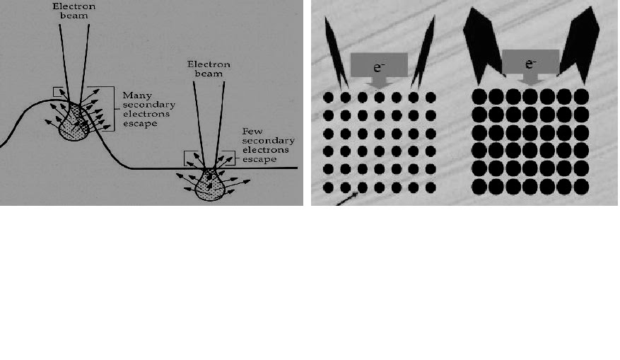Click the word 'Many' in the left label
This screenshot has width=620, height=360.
pyautogui.click(x=137, y=95)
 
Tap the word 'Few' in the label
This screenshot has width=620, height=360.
pyautogui.click(x=252, y=131)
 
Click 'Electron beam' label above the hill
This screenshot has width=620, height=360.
pyautogui.click(x=74, y=11)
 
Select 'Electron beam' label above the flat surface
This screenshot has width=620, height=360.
pyautogui.click(x=209, y=69)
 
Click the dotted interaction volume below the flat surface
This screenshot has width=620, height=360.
pyautogui.click(x=210, y=186)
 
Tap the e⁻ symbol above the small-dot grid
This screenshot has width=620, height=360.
pyautogui.click(x=378, y=67)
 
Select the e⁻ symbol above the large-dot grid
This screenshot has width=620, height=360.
pyautogui.click(x=530, y=64)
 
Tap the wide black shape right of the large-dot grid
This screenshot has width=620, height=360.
pyautogui.click(x=580, y=45)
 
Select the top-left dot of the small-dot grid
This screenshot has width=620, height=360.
pyautogui.click(x=328, y=98)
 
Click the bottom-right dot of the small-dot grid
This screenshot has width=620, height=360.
pyautogui.click(x=431, y=187)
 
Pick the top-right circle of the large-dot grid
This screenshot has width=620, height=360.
pyautogui.click(x=581, y=96)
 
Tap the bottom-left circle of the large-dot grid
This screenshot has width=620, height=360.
pyautogui.click(x=479, y=187)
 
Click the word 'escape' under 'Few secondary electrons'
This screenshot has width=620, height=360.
pyautogui.click(x=259, y=159)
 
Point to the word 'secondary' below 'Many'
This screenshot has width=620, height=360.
pyautogui.click(x=148, y=105)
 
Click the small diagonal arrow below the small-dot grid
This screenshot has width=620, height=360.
pyautogui.click(x=347, y=199)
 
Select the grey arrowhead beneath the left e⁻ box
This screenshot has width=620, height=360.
pyautogui.click(x=379, y=82)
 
